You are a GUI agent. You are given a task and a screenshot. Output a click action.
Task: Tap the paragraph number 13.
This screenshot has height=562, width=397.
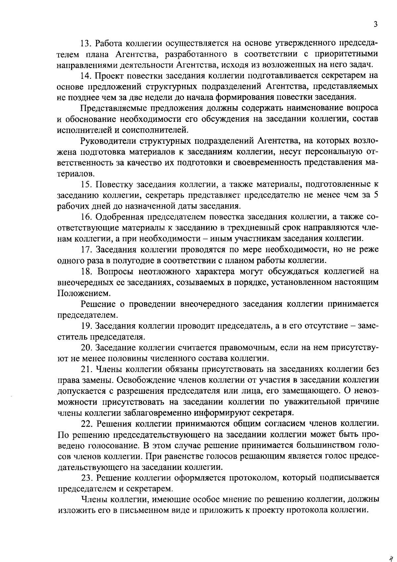[86, 43]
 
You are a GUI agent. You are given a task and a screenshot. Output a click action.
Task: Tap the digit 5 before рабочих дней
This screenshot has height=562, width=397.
[375, 195]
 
